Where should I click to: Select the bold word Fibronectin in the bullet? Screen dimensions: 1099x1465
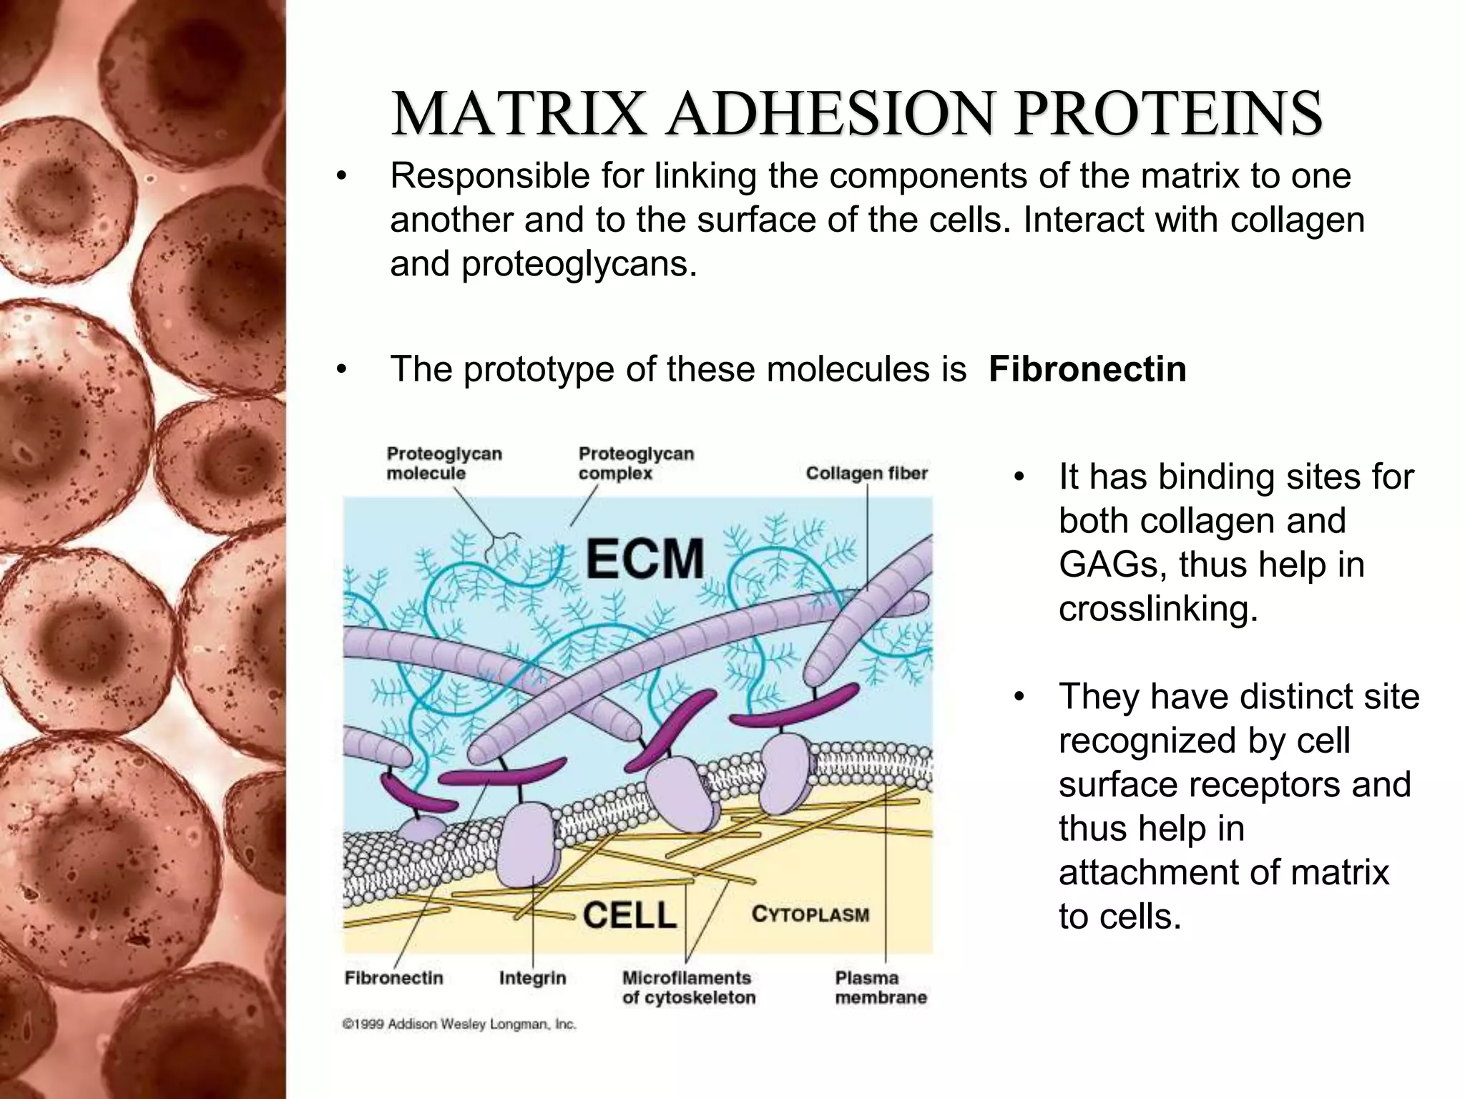coord(1087,370)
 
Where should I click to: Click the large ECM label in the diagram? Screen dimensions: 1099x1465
coord(645,559)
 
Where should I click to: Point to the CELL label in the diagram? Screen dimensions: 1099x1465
coord(629,915)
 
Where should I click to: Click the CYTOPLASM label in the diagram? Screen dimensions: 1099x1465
coord(810,914)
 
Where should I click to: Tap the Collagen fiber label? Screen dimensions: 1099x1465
coord(866,473)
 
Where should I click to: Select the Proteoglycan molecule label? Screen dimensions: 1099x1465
coord(444,463)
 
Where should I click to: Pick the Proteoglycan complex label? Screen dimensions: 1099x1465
coord(635,463)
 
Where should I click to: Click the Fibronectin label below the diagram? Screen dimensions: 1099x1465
coord(393,977)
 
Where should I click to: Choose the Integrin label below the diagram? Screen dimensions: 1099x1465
coord(532,977)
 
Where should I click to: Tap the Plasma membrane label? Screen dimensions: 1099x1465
coord(881,987)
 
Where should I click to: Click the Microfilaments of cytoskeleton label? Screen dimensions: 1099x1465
coord(688,987)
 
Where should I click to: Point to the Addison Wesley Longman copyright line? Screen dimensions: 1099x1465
coord(459,1025)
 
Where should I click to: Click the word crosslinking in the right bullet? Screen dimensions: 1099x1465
coord(1157,609)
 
